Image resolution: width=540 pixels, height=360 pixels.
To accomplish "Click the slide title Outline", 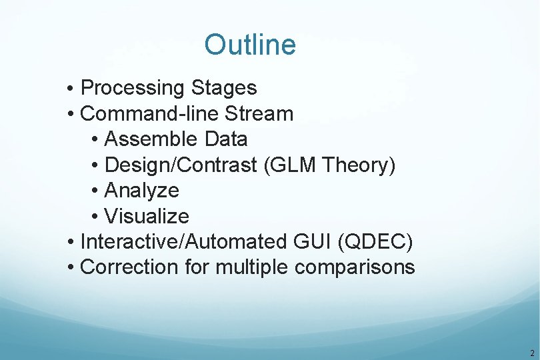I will pos(250,45).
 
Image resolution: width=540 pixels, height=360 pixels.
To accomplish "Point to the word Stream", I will pos(259,114).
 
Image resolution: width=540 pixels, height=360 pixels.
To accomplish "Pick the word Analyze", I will pos(142,191).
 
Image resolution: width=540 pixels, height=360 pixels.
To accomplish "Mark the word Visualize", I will pos(147,216).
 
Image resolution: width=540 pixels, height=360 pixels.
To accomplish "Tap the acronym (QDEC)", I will pos(375,241).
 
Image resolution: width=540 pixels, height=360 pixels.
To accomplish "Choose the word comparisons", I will pos(355,267).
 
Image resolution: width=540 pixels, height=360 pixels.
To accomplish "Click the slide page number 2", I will pos(531,353).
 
